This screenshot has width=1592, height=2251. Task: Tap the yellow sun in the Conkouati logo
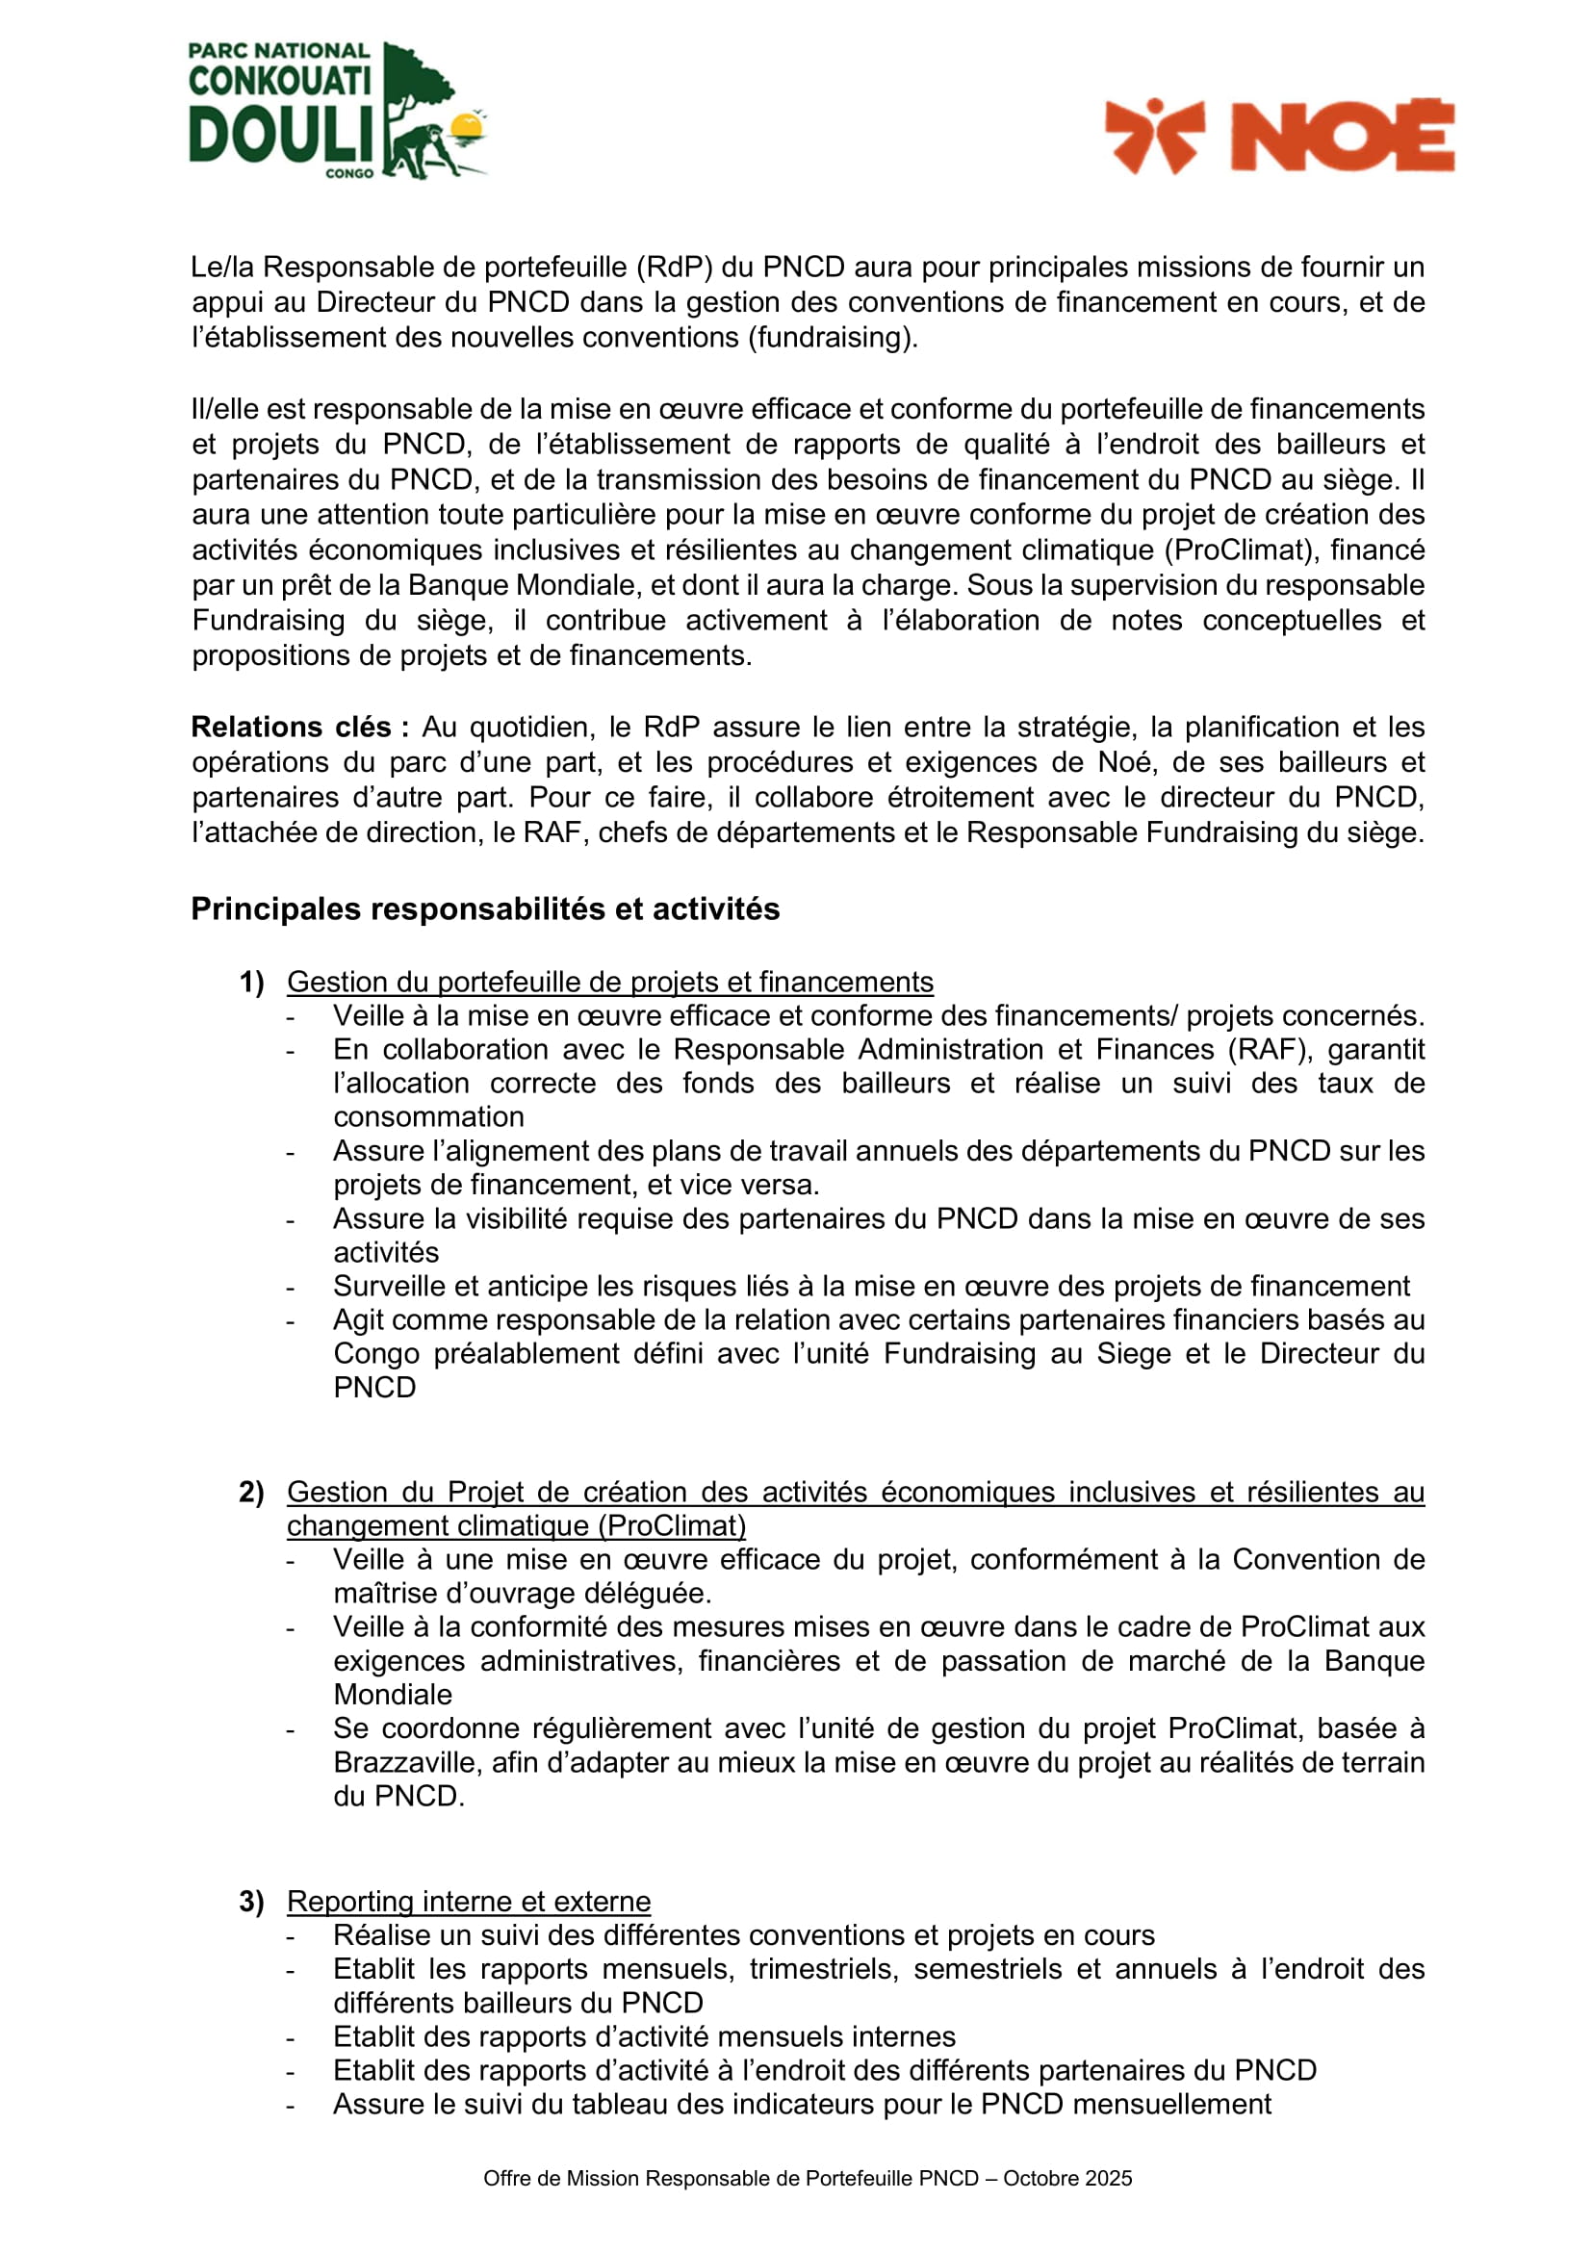(x=469, y=125)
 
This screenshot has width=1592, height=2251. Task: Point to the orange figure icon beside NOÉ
(x=1155, y=136)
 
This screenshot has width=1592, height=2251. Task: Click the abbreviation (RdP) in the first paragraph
(x=674, y=267)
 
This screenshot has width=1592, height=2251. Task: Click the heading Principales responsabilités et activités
(x=485, y=908)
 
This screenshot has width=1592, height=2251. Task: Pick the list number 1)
(x=252, y=982)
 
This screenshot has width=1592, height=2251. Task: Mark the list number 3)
(x=252, y=1901)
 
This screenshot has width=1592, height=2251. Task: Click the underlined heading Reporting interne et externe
(x=469, y=1901)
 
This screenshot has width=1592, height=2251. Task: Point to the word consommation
(x=428, y=1116)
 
